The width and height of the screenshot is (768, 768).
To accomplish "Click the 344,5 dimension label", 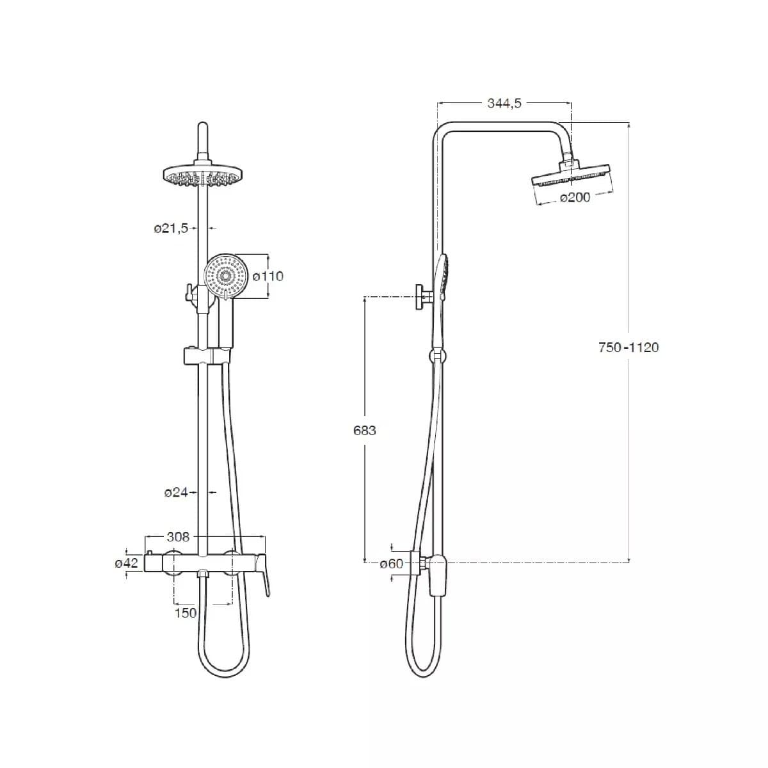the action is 504,104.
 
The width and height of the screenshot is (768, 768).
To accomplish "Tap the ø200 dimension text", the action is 575,197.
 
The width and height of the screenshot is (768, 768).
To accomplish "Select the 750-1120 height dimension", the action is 628,348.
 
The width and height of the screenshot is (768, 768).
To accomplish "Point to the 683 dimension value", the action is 365,431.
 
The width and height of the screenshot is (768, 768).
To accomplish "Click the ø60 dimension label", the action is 392,564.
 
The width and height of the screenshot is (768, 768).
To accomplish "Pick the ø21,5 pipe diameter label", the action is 171,228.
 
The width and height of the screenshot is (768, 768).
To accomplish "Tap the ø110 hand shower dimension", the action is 268,276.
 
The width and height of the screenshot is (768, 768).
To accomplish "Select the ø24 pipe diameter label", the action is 176,493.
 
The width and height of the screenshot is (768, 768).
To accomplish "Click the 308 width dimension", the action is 178,537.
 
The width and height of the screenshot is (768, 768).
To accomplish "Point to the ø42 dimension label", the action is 126,563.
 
